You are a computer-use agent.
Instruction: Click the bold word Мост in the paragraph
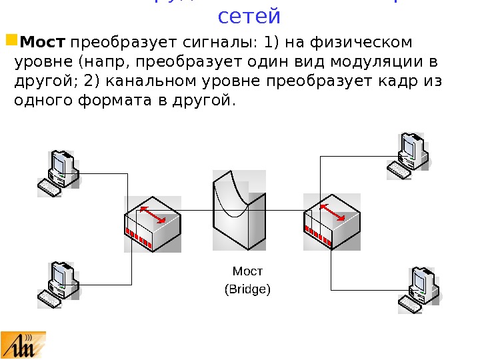pyautogui.click(x=43, y=43)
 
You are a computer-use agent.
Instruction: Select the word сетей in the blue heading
pyautogui.click(x=249, y=16)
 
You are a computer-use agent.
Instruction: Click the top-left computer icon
pyautogui.click(x=58, y=173)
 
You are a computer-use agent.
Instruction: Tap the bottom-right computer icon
pyautogui.click(x=420, y=290)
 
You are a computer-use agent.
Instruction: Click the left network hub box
pyautogui.click(x=152, y=223)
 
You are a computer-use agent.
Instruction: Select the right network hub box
pyautogui.click(x=332, y=221)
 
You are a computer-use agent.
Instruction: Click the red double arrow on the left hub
pyautogui.click(x=153, y=215)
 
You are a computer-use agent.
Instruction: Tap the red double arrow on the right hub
pyautogui.click(x=333, y=211)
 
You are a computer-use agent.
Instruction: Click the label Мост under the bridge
pyautogui.click(x=247, y=271)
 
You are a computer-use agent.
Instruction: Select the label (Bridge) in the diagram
pyautogui.click(x=247, y=289)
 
